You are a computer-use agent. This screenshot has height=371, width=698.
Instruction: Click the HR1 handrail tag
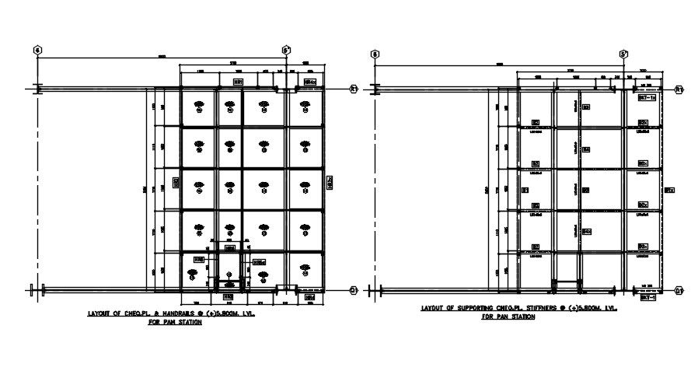pyautogui.click(x=239, y=81)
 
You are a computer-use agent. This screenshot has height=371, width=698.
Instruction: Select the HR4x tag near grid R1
pyautogui.click(x=309, y=81)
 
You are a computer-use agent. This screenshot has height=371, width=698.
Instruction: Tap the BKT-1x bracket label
pyautogui.click(x=647, y=99)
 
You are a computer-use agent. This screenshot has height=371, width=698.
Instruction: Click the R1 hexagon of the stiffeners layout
pyautogui.click(x=679, y=89)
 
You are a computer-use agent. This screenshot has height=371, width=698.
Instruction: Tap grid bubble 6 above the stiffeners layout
pyautogui.click(x=375, y=54)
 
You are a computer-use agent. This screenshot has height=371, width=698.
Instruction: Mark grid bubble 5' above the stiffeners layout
pyautogui.click(x=623, y=54)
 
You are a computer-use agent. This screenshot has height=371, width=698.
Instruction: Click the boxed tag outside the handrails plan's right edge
pyautogui.click(x=330, y=182)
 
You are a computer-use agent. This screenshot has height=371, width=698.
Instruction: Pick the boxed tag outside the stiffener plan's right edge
pyautogui.click(x=668, y=189)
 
